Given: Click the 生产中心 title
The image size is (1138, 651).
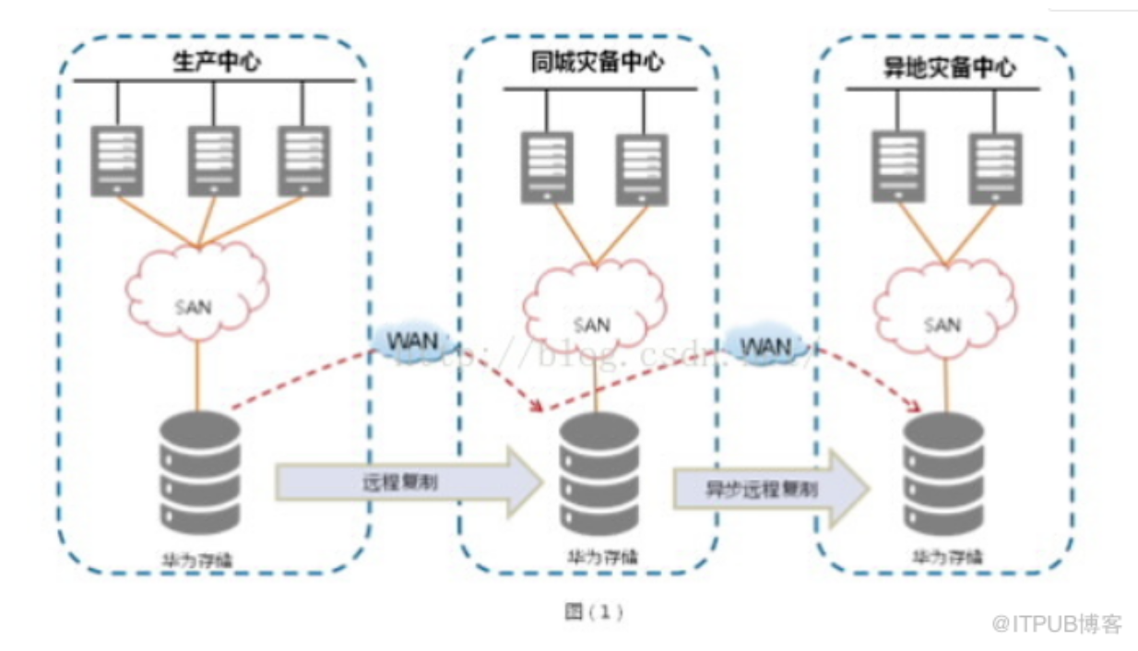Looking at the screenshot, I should point(213,64).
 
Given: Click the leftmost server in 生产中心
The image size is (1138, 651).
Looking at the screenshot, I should point(117,160).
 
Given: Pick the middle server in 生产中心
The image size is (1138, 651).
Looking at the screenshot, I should point(214,160).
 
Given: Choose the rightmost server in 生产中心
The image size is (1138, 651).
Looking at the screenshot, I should point(304,160).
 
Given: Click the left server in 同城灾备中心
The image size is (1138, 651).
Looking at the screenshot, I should point(547,167).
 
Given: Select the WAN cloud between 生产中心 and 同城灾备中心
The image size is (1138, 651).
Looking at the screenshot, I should point(408,339).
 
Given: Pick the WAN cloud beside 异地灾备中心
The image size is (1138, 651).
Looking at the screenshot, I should point(766,347).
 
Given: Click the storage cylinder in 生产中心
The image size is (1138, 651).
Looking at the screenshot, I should point(200,470).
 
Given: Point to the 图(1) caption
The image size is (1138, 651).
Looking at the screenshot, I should point(593,611).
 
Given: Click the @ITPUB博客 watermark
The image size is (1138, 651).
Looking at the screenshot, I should point(1057,624).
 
